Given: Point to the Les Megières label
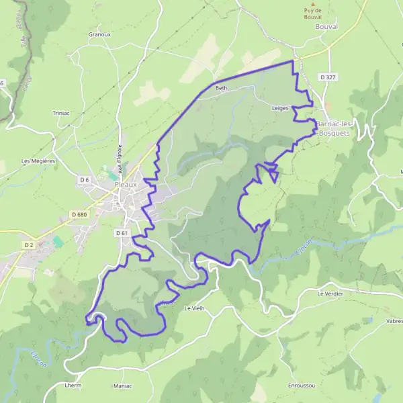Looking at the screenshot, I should [38, 161].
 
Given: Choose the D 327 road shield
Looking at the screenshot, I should [328, 77].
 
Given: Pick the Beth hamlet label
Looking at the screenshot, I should [222, 88].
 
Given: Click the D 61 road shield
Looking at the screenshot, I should [121, 232].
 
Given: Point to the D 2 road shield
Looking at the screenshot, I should [29, 245].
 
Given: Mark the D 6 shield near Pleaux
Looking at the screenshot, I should [84, 179].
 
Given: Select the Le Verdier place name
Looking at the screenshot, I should [330, 294].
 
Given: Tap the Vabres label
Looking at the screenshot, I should [394, 321].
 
